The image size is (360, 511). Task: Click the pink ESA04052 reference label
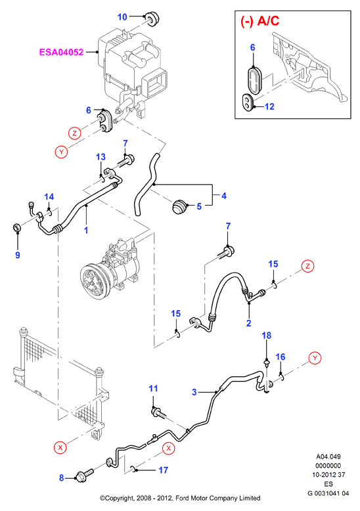[x=61, y=52]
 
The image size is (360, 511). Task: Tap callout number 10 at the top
[x=122, y=16]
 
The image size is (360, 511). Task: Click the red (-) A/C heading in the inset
[x=260, y=21]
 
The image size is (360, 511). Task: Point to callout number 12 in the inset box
[x=270, y=106]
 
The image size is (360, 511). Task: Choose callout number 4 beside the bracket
[x=224, y=196]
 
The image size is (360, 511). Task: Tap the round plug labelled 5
[x=179, y=208]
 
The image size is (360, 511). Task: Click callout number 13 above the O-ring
[x=101, y=157]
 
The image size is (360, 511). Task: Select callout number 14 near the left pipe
[x=49, y=196]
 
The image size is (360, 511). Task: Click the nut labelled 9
[x=16, y=227]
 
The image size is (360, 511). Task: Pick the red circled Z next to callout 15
[x=307, y=266]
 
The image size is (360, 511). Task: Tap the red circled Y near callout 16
[x=315, y=357]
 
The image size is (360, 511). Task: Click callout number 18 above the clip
[x=267, y=336]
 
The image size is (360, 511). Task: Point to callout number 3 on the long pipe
[x=194, y=392]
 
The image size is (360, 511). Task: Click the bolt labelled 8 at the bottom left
[x=85, y=475]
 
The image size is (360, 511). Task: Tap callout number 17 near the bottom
[x=163, y=470]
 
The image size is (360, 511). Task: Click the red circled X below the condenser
[x=60, y=447]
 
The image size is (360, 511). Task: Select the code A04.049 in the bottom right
[x=328, y=456]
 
